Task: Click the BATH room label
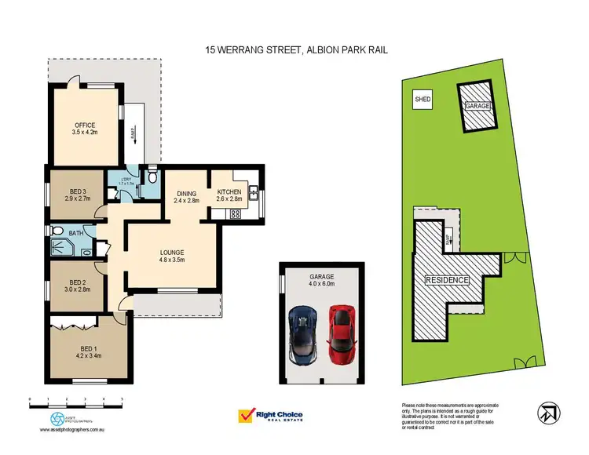click(76, 232)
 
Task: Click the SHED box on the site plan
click(423, 100)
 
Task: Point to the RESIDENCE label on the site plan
click(448, 280)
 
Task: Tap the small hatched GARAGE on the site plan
click(477, 107)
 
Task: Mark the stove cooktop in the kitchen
click(236, 213)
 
